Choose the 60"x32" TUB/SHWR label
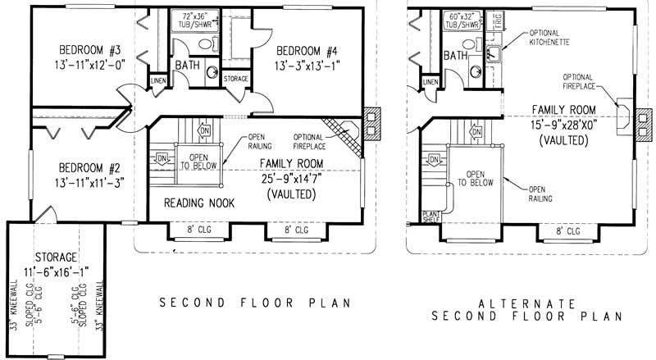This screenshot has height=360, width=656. click(x=462, y=20)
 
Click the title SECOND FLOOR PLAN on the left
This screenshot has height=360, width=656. click(x=254, y=303)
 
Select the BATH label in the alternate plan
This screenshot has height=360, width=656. click(x=456, y=57)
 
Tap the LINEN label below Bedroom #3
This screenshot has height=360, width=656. click(x=157, y=80)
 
